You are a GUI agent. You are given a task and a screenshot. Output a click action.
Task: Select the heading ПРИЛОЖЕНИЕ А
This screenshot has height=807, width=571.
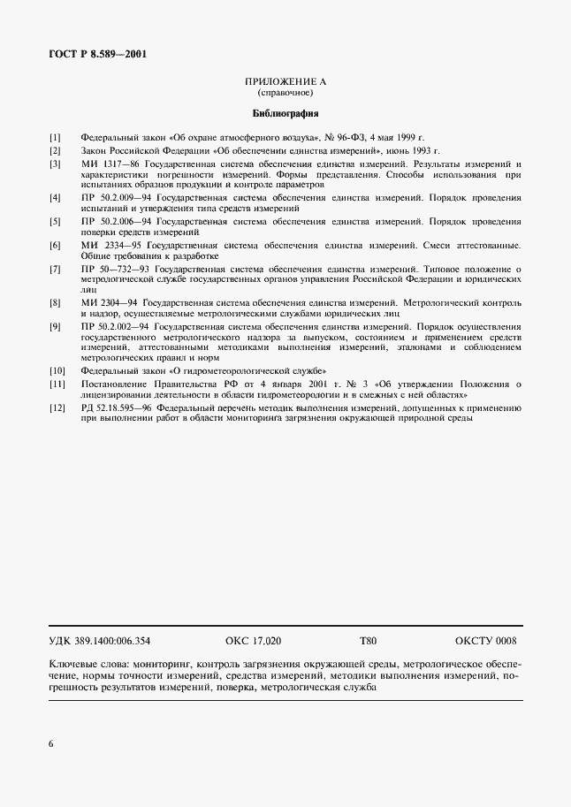(285, 81)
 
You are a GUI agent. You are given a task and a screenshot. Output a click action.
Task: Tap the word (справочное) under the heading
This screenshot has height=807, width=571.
(285, 93)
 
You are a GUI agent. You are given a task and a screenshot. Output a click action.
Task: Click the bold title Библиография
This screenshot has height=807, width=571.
(285, 114)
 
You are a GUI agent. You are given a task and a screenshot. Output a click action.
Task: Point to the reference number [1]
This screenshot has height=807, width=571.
(55, 138)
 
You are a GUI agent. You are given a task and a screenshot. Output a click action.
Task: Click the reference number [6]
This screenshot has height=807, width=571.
(55, 245)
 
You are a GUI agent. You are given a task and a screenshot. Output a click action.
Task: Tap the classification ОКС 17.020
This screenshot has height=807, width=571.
(253, 641)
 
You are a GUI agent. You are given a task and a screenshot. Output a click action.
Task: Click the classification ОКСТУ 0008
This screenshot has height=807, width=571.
(485, 641)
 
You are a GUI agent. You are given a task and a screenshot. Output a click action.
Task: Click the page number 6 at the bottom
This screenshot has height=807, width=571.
(51, 744)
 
